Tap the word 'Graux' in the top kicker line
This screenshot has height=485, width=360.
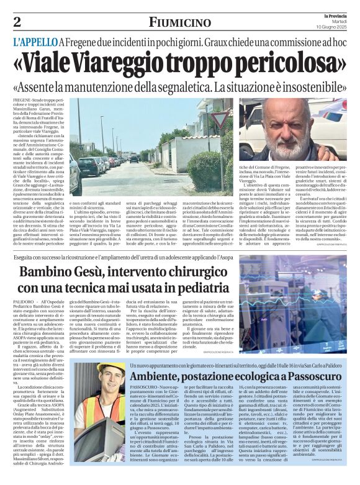pyautogui.click(x=218, y=43)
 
